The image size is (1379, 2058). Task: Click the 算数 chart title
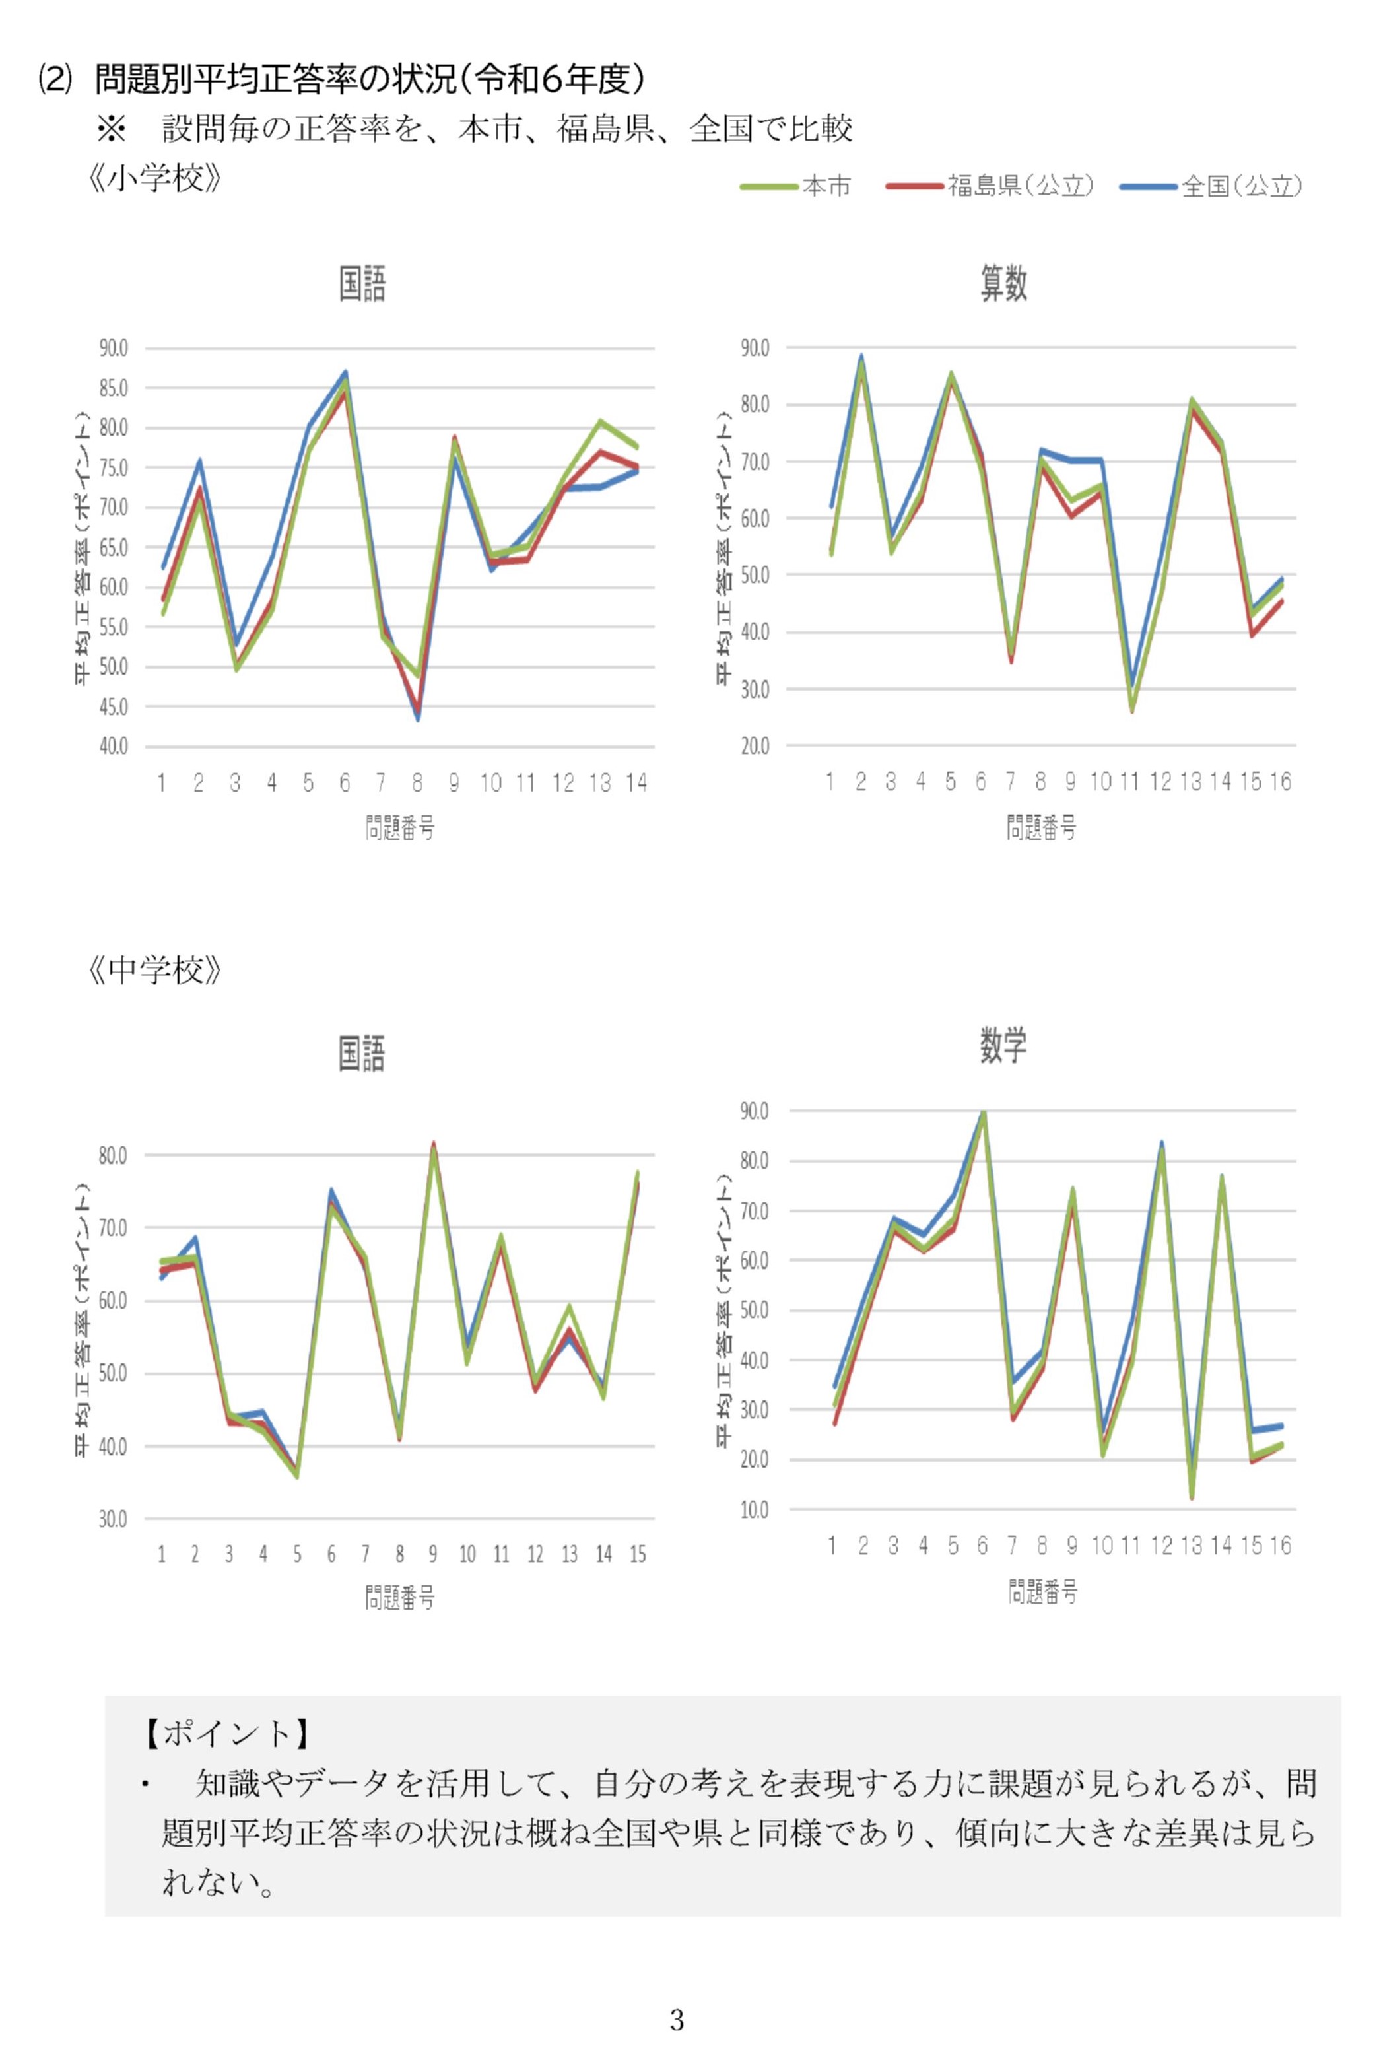[x=1003, y=284]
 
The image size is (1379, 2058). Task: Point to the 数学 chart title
[x=1003, y=1045]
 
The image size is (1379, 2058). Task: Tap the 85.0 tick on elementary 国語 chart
[x=113, y=388]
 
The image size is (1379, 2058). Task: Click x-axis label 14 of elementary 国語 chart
[x=636, y=783]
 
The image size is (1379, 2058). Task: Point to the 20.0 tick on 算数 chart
[x=755, y=747]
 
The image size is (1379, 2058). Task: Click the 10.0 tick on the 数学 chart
[x=755, y=1510]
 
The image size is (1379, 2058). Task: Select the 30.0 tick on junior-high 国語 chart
[x=113, y=1519]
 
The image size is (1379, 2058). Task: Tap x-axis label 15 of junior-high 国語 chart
[x=638, y=1555]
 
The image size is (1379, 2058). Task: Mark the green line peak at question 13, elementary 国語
[x=600, y=421]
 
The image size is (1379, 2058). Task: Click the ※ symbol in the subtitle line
[x=112, y=130]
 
